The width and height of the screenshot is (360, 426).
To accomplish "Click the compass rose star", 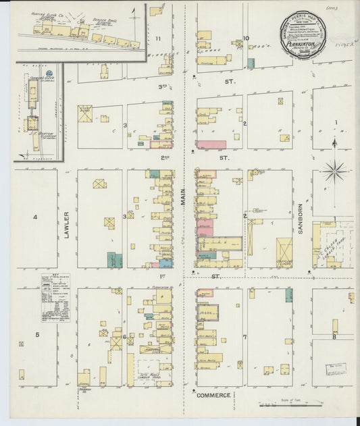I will pyautogui.click(x=334, y=170).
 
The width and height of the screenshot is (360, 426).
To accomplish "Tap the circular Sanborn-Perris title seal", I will pyautogui.click(x=303, y=37).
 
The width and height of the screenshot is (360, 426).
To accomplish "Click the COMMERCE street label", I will pyautogui.click(x=213, y=395).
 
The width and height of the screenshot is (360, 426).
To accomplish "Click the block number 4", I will pyautogui.click(x=35, y=217).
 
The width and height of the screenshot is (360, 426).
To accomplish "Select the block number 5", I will pyautogui.click(x=38, y=335).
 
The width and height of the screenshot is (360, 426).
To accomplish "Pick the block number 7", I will pyautogui.click(x=245, y=336).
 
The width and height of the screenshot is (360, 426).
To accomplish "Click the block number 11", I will pyautogui.click(x=158, y=38).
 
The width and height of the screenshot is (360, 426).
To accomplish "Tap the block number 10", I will pyautogui.click(x=246, y=38).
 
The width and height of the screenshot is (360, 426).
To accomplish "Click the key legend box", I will pyautogui.click(x=55, y=297).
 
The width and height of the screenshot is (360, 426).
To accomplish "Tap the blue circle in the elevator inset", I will pyautogui.click(x=49, y=73).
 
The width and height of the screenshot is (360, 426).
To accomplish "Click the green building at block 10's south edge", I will pyautogui.click(x=251, y=63).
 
